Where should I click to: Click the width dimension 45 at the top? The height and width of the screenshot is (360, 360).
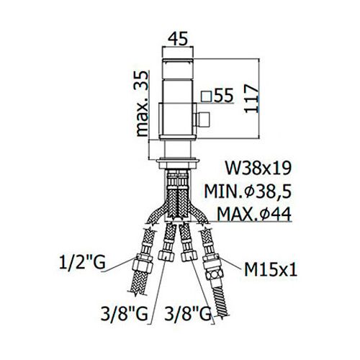pyautogui.click(x=178, y=39)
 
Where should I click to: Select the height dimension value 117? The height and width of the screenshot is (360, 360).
pyautogui.click(x=252, y=98)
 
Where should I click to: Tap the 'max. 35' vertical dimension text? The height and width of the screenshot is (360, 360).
pyautogui.click(x=142, y=104)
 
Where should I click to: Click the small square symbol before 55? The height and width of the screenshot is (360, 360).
pyautogui.click(x=207, y=96)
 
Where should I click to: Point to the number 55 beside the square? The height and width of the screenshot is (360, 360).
pyautogui.click(x=223, y=95)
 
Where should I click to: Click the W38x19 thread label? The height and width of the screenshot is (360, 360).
pyautogui.click(x=258, y=168)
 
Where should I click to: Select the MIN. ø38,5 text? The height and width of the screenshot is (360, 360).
pyautogui.click(x=248, y=192)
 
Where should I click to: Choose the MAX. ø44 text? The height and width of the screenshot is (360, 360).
pyautogui.click(x=254, y=214)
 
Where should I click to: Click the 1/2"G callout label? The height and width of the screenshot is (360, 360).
pyautogui.click(x=82, y=263)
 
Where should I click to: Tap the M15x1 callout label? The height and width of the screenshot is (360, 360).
pyautogui.click(x=271, y=269)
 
